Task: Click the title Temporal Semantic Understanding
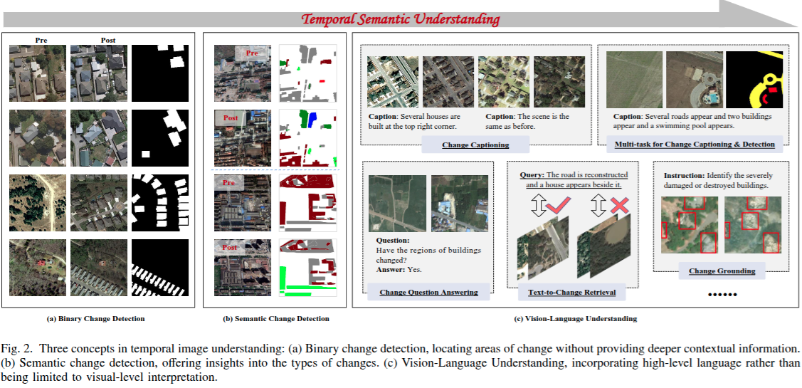point(401,19)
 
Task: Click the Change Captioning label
point(475,145)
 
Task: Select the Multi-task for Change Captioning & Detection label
point(694,145)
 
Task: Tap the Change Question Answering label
point(428,292)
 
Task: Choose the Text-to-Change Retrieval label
point(571,292)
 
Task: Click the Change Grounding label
point(722,271)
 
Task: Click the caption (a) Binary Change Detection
point(95,318)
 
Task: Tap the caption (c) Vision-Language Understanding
point(575,318)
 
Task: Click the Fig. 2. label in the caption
point(16,348)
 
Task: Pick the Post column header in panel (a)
point(107,41)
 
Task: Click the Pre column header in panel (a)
point(41,41)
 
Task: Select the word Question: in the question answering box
point(392,241)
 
